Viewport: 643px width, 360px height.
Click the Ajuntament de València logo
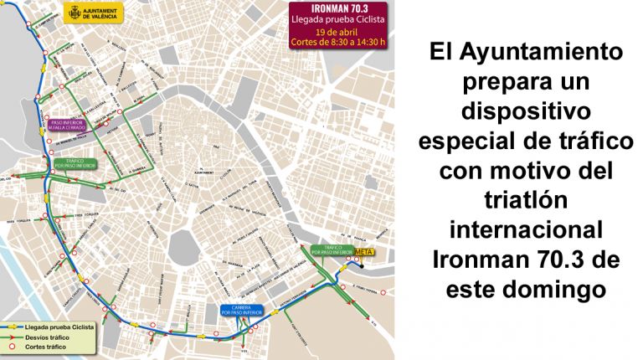(93, 13)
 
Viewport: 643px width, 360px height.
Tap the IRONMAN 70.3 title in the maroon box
(338, 8)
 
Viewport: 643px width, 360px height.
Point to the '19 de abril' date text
(338, 33)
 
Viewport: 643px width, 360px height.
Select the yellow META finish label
(363, 251)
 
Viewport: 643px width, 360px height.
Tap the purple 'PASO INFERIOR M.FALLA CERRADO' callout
(70, 124)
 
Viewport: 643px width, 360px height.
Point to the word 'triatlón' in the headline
(526, 200)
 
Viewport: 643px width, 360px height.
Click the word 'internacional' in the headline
(526, 229)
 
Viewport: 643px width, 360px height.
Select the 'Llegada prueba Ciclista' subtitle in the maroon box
(338, 19)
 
